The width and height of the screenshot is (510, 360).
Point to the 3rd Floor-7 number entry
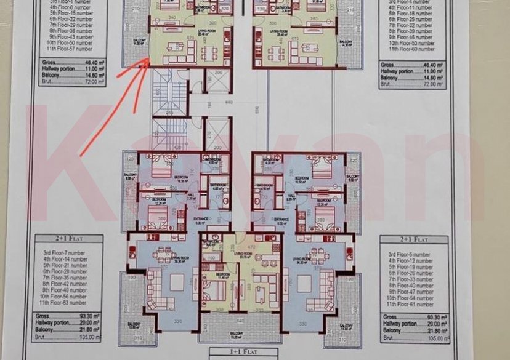(x=71, y=254)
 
